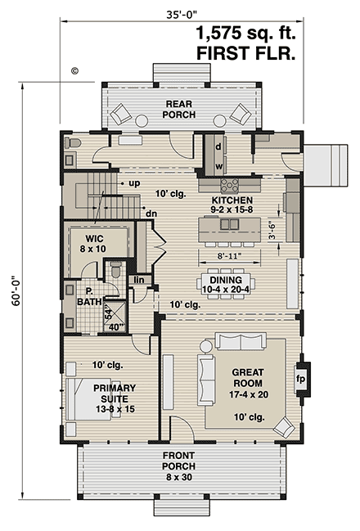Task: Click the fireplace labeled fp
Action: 303,379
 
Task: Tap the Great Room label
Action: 248,378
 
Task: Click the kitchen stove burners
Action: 229,186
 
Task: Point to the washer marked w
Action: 218,166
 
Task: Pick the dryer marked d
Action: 218,146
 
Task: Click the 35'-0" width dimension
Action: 182,15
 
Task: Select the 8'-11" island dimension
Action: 230,255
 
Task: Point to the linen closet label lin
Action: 139,280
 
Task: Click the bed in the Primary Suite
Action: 88,399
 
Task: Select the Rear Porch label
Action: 179,109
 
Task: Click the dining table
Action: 226,284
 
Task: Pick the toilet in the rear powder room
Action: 73,143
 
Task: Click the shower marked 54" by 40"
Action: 115,316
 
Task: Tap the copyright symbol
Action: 74,71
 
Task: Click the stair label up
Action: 134,183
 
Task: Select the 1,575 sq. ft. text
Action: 246,34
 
